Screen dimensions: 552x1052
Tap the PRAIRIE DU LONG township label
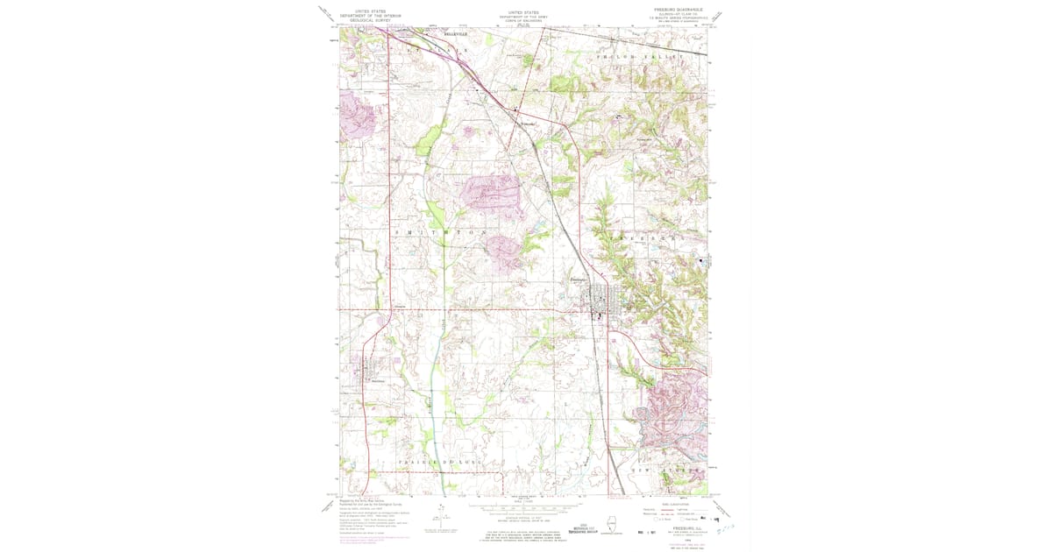tap(436, 462)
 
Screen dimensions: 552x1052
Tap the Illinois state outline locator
tap(636, 525)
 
